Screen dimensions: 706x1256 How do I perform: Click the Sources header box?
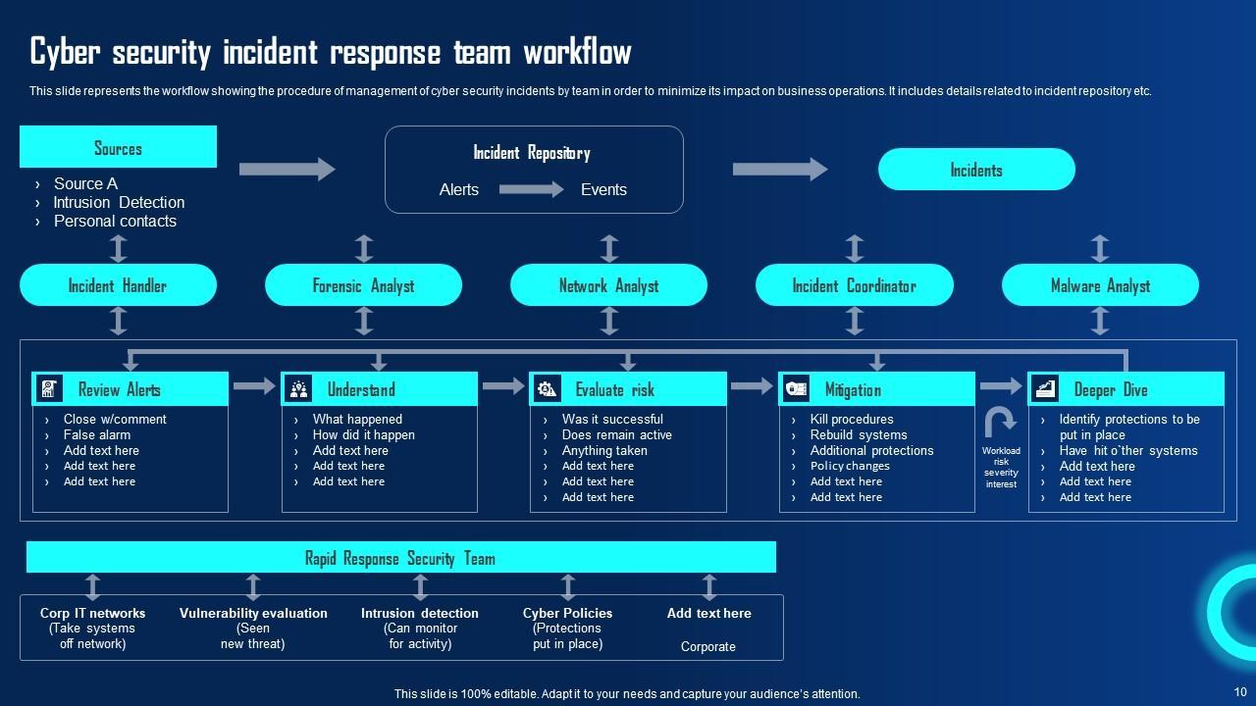click(118, 147)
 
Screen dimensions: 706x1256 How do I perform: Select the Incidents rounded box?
click(976, 170)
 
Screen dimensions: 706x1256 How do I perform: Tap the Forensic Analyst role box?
click(363, 285)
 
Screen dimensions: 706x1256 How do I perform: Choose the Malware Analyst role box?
click(1100, 285)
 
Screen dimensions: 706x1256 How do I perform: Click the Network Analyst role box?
click(608, 285)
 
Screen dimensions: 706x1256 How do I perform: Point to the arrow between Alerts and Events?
click(531, 189)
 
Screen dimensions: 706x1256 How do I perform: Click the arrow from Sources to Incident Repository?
click(287, 169)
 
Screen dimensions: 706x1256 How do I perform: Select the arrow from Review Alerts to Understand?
click(254, 386)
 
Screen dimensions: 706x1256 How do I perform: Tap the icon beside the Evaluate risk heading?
click(547, 389)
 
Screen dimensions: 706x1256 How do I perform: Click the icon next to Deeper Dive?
click(1045, 389)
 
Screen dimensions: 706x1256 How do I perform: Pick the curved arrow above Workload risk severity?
click(1000, 423)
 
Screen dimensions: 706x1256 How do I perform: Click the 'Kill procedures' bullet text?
click(851, 420)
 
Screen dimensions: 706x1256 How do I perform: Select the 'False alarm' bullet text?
click(97, 435)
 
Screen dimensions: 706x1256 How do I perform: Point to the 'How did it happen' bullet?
click(363, 435)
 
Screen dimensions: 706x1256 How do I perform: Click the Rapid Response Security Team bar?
click(400, 558)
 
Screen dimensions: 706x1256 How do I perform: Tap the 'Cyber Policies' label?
click(567, 614)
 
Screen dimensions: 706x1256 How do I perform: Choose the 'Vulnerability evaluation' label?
click(253, 614)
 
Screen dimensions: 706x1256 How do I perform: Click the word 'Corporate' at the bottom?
click(707, 647)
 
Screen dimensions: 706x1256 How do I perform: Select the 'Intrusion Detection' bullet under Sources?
click(119, 202)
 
